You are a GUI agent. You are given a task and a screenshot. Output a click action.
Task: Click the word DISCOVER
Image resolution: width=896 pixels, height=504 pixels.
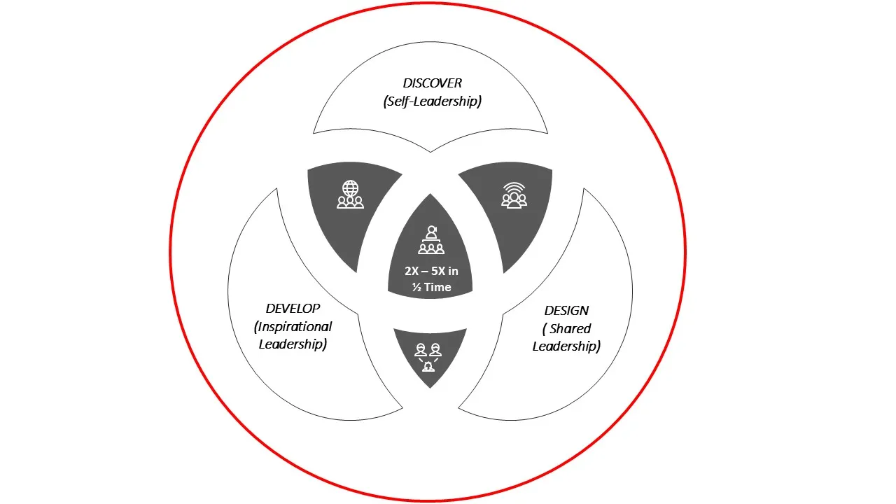pyautogui.click(x=432, y=83)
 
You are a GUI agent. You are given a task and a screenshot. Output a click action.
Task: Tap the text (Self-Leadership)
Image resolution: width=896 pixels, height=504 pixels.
pyautogui.click(x=432, y=101)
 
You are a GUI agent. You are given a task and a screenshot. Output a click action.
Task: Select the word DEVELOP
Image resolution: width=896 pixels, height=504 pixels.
pyautogui.click(x=293, y=309)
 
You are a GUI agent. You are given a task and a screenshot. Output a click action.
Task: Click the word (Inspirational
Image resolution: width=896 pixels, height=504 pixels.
pyautogui.click(x=293, y=327)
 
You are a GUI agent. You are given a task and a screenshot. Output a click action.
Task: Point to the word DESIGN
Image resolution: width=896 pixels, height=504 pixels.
pyautogui.click(x=566, y=310)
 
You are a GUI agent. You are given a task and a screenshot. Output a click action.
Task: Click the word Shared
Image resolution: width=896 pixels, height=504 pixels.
pyautogui.click(x=570, y=329)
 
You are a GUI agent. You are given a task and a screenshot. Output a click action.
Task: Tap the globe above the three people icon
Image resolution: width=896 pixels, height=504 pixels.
pyautogui.click(x=351, y=188)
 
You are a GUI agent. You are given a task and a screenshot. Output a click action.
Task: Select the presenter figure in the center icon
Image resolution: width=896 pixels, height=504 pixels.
pyautogui.click(x=431, y=233)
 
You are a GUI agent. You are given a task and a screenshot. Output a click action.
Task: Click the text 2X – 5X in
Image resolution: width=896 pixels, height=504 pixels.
pyautogui.click(x=431, y=271)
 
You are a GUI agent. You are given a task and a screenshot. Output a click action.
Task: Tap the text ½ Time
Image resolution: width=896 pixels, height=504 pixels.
pyautogui.click(x=431, y=287)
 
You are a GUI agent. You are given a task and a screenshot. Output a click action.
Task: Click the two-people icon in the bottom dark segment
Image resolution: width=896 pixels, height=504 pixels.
pyautogui.click(x=428, y=350)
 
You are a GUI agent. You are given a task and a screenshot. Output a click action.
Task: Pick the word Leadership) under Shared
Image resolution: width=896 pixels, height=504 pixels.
pyautogui.click(x=566, y=346)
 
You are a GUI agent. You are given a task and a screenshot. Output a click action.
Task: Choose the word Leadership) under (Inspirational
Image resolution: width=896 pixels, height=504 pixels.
pyautogui.click(x=293, y=344)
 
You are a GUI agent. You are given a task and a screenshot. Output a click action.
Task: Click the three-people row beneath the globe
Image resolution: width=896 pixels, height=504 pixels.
pyautogui.click(x=351, y=202)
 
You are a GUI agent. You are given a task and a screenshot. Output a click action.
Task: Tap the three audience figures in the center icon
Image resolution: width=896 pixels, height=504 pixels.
pyautogui.click(x=431, y=248)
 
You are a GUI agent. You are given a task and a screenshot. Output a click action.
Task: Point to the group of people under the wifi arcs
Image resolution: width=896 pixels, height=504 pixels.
pyautogui.click(x=514, y=201)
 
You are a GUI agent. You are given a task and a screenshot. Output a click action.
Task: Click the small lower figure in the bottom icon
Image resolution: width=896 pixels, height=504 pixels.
pyautogui.click(x=428, y=367)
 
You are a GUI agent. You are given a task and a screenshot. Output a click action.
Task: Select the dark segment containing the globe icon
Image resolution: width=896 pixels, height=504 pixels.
pyautogui.click(x=352, y=208)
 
